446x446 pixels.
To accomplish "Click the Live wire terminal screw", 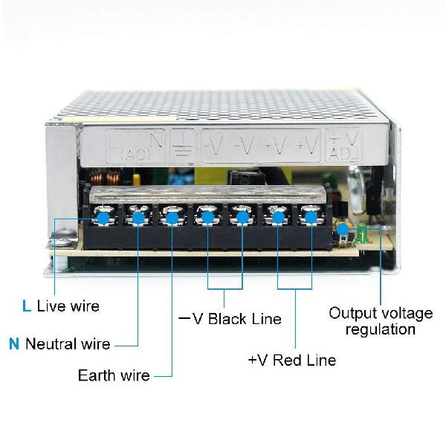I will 103,218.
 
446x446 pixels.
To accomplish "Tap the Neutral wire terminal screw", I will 138,218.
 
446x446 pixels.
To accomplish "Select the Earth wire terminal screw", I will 172,218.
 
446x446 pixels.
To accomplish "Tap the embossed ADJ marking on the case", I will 344,154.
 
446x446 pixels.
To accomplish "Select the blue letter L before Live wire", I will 27,306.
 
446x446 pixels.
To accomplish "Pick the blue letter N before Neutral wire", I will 13,343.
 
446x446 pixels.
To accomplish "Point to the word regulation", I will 379,330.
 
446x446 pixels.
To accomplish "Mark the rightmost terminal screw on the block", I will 310,218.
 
